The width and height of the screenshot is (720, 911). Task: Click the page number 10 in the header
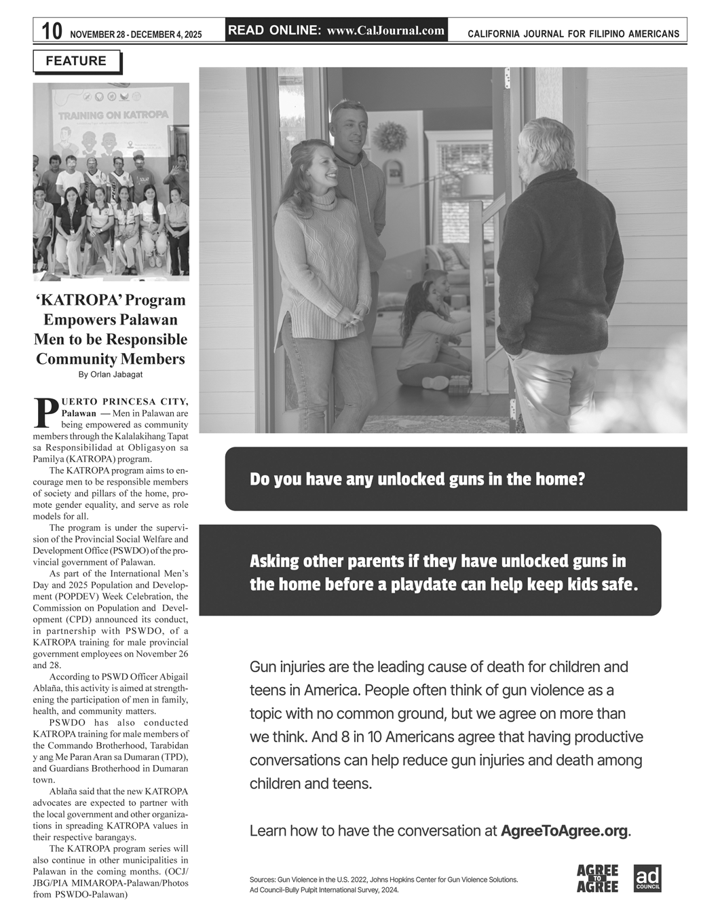pos(52,31)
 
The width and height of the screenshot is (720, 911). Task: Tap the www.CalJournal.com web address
pos(385,31)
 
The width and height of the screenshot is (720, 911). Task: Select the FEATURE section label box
pos(76,61)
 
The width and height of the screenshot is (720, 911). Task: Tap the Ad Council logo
pos(647,878)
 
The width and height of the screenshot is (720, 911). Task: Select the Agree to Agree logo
pos(597,878)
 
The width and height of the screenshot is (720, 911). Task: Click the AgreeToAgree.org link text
pos(564,831)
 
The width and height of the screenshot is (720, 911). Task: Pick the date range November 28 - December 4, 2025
pos(136,34)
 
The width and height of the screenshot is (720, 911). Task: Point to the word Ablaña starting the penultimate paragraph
pos(66,791)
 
